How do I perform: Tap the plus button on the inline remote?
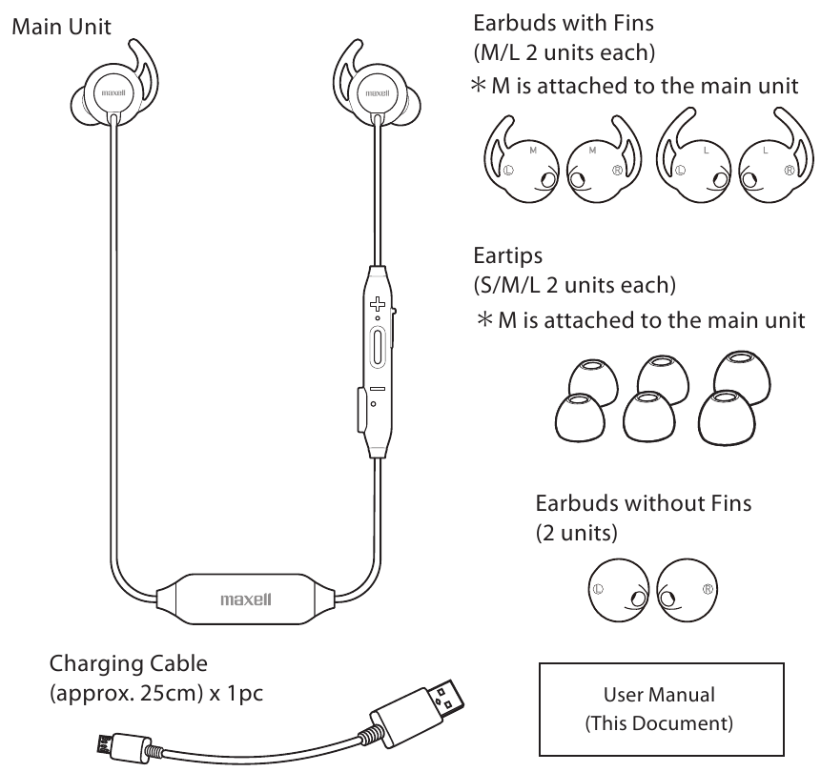pyautogui.click(x=378, y=305)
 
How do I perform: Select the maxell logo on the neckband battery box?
pyautogui.click(x=246, y=601)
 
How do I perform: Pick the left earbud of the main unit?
pyautogui.click(x=106, y=95)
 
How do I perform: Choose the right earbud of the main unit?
pyautogui.click(x=374, y=95)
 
